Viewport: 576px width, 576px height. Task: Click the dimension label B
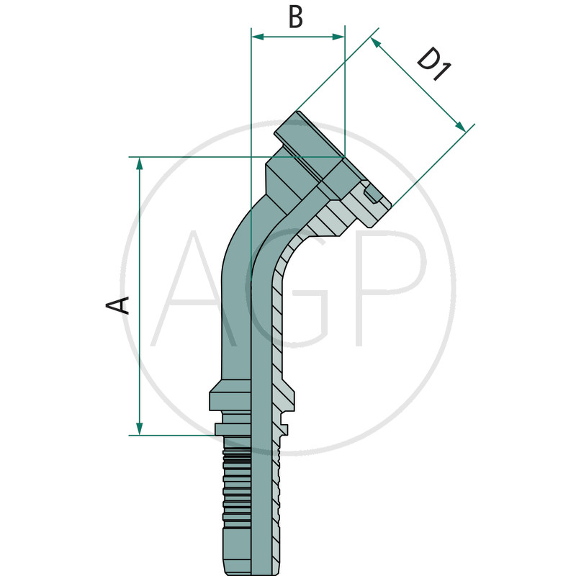point(296,17)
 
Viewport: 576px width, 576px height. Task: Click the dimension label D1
point(434,64)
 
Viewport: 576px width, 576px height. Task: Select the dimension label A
point(117,305)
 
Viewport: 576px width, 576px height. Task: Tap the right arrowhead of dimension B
point(338,37)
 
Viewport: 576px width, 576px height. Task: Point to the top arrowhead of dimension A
point(139,163)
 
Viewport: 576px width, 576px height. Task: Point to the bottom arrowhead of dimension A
point(139,428)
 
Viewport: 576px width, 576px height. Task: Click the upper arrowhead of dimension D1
point(375,43)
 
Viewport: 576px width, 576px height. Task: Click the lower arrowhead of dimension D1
point(461,126)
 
